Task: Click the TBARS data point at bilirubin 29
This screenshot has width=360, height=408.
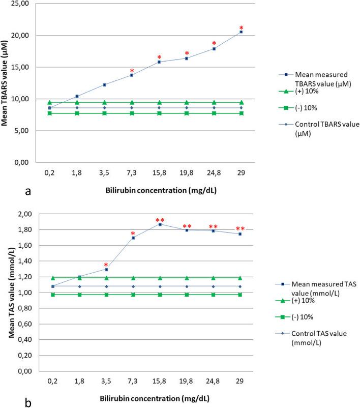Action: point(241,32)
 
